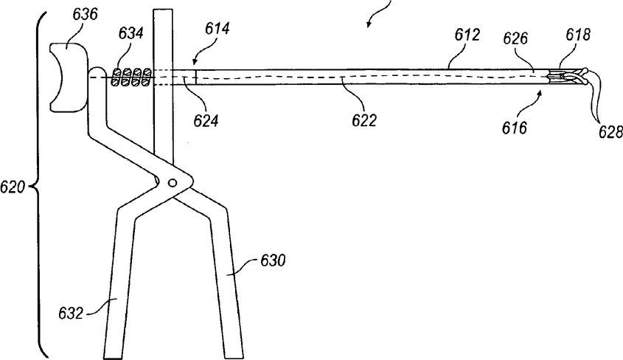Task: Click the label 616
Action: click(515, 128)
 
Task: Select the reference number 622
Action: click(364, 120)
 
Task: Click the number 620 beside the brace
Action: click(14, 188)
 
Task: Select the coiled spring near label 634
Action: click(132, 77)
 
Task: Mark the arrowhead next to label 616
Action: click(543, 92)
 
